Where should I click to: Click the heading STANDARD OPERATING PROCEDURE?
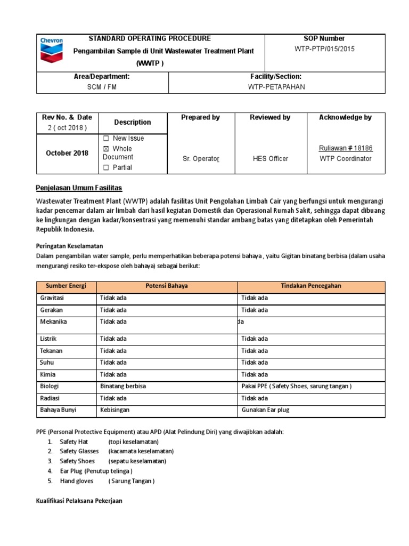pos(149,38)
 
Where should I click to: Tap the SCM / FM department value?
pos(101,87)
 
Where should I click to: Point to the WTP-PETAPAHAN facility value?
pos(276,87)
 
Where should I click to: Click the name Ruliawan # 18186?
pos(346,149)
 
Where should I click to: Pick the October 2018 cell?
pos(67,153)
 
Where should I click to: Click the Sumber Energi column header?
pos(66,286)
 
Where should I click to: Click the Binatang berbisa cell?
pos(123,386)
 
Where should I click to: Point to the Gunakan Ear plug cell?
pos(265,410)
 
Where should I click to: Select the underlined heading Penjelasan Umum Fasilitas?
pos(79,188)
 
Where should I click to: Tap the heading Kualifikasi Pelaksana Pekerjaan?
pos(79,501)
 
